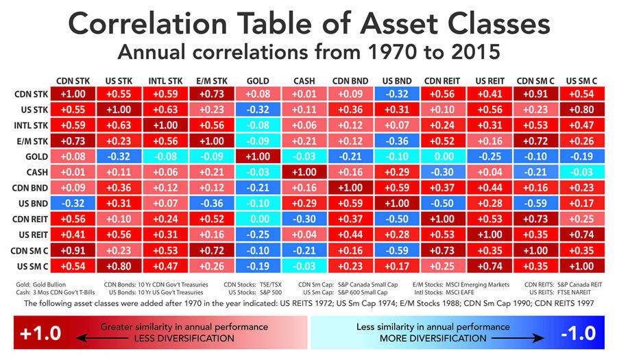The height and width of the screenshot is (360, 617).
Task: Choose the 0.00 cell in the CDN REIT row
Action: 258,219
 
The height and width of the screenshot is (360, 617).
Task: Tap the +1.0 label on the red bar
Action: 38,334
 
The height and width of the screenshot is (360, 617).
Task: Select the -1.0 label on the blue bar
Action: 579,334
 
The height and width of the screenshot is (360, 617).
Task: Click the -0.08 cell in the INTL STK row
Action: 258,125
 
